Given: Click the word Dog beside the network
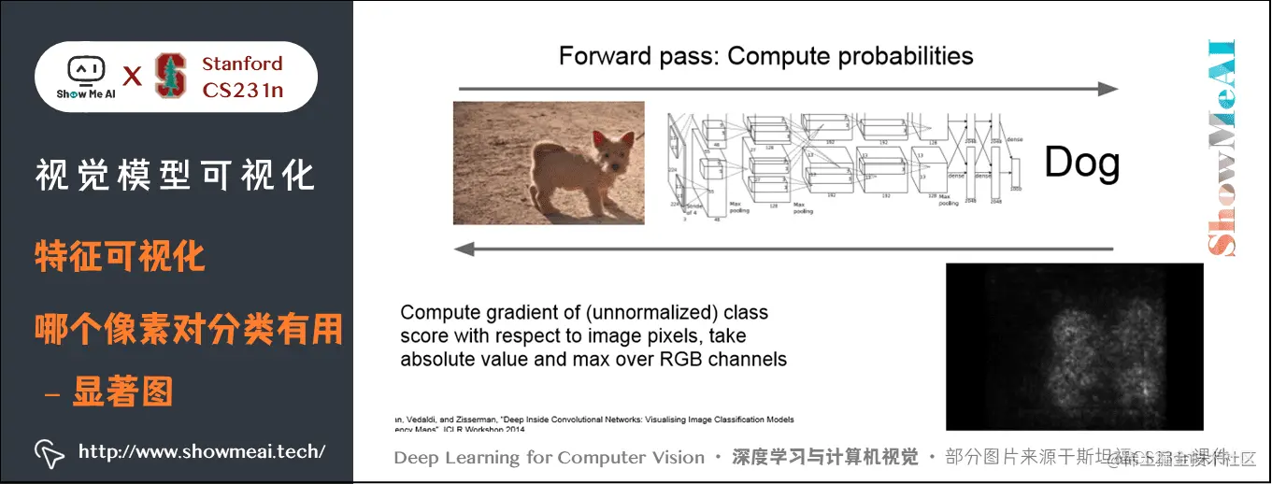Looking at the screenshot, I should (1081, 164).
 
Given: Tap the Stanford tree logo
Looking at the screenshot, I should (170, 76).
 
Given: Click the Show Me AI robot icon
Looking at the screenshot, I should (84, 70).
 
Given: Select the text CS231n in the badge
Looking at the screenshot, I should (242, 91).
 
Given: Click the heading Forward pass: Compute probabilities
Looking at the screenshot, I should (765, 56).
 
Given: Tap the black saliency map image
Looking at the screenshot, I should (1074, 346).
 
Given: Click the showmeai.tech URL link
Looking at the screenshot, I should (202, 452).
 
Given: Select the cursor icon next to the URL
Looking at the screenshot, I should (49, 452).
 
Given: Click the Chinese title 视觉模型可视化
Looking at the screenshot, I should (175, 175).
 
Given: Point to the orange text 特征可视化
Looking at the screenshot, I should (121, 255).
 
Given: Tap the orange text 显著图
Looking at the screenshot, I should (121, 392).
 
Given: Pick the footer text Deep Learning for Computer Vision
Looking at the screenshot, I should (549, 458).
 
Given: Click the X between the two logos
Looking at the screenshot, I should (133, 77).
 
